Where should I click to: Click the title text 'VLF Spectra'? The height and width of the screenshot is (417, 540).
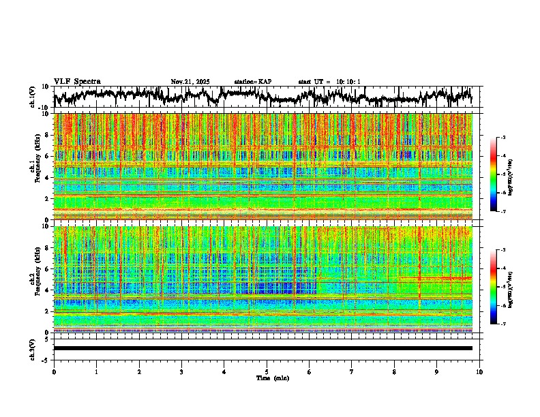tap(77, 81)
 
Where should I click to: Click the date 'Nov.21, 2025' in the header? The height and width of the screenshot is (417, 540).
tap(190, 82)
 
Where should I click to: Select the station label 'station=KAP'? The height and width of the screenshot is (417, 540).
tap(252, 82)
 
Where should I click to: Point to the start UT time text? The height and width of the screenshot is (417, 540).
tap(329, 82)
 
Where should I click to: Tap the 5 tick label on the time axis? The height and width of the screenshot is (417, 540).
tap(267, 371)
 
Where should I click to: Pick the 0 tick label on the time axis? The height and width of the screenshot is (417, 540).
tap(54, 371)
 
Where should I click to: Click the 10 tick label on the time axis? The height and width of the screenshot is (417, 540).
tap(479, 371)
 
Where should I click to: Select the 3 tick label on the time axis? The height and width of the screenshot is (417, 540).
tap(181, 371)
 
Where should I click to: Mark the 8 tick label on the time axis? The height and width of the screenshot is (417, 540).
tap(394, 371)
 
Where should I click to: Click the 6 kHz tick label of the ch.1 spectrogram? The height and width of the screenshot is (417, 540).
tap(46, 156)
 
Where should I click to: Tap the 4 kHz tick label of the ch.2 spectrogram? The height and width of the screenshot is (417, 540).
tap(46, 290)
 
